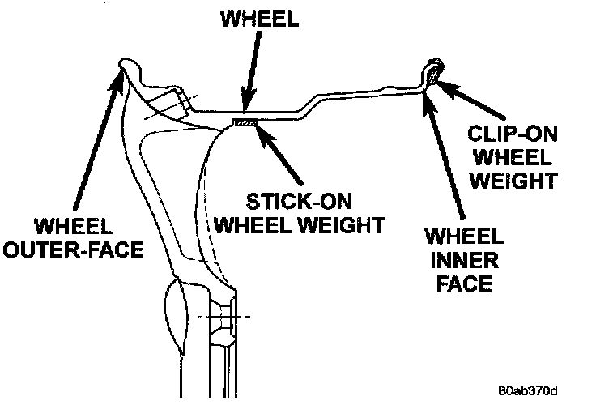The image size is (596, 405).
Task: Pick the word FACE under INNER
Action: pyautogui.click(x=461, y=284)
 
